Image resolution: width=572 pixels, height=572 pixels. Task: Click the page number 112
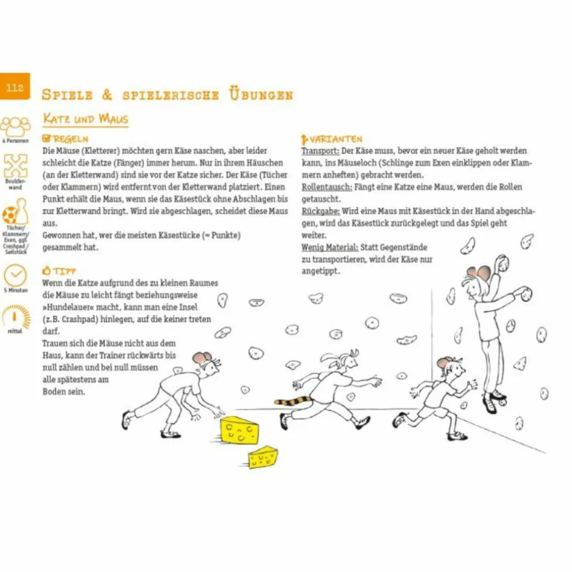pos(15,88)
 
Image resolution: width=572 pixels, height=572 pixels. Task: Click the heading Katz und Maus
pos(85,119)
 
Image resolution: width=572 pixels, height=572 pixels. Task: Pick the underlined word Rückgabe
pos(320,212)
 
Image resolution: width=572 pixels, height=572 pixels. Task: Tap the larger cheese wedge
pos(239,431)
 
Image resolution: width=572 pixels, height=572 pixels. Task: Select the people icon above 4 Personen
pos(15,126)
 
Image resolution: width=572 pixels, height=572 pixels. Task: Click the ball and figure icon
pos(15,215)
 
